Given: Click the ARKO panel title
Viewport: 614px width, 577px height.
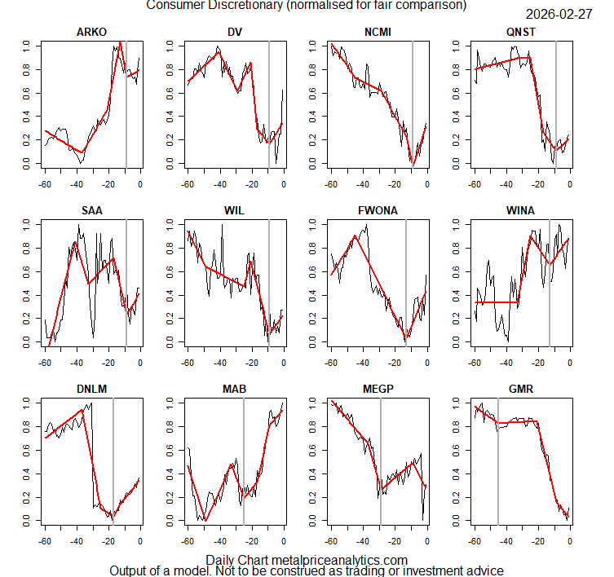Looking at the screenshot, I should (92, 32).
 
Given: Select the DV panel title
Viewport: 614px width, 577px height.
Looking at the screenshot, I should (235, 32).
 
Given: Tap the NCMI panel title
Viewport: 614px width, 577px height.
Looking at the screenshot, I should (378, 32).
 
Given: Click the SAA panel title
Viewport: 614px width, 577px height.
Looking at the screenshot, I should (92, 210).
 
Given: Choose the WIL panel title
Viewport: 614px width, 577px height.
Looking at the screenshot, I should (235, 210).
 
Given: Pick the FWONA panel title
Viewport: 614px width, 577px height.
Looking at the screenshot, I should (378, 210).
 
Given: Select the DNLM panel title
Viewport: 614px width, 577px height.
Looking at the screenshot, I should (92, 389).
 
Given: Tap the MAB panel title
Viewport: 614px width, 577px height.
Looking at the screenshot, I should (235, 389).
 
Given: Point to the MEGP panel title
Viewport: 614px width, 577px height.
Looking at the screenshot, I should (378, 389).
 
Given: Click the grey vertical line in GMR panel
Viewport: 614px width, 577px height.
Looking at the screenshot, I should (498, 456).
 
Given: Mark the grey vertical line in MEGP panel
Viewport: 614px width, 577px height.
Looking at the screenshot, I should (380, 456).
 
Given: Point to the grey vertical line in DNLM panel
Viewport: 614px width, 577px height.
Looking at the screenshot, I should (113, 456).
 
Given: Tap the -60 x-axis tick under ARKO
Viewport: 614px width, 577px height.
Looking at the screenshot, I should (45, 184).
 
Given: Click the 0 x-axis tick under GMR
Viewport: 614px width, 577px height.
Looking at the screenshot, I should (569, 541).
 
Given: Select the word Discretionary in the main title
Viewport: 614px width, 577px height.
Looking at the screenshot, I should (250, 5).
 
